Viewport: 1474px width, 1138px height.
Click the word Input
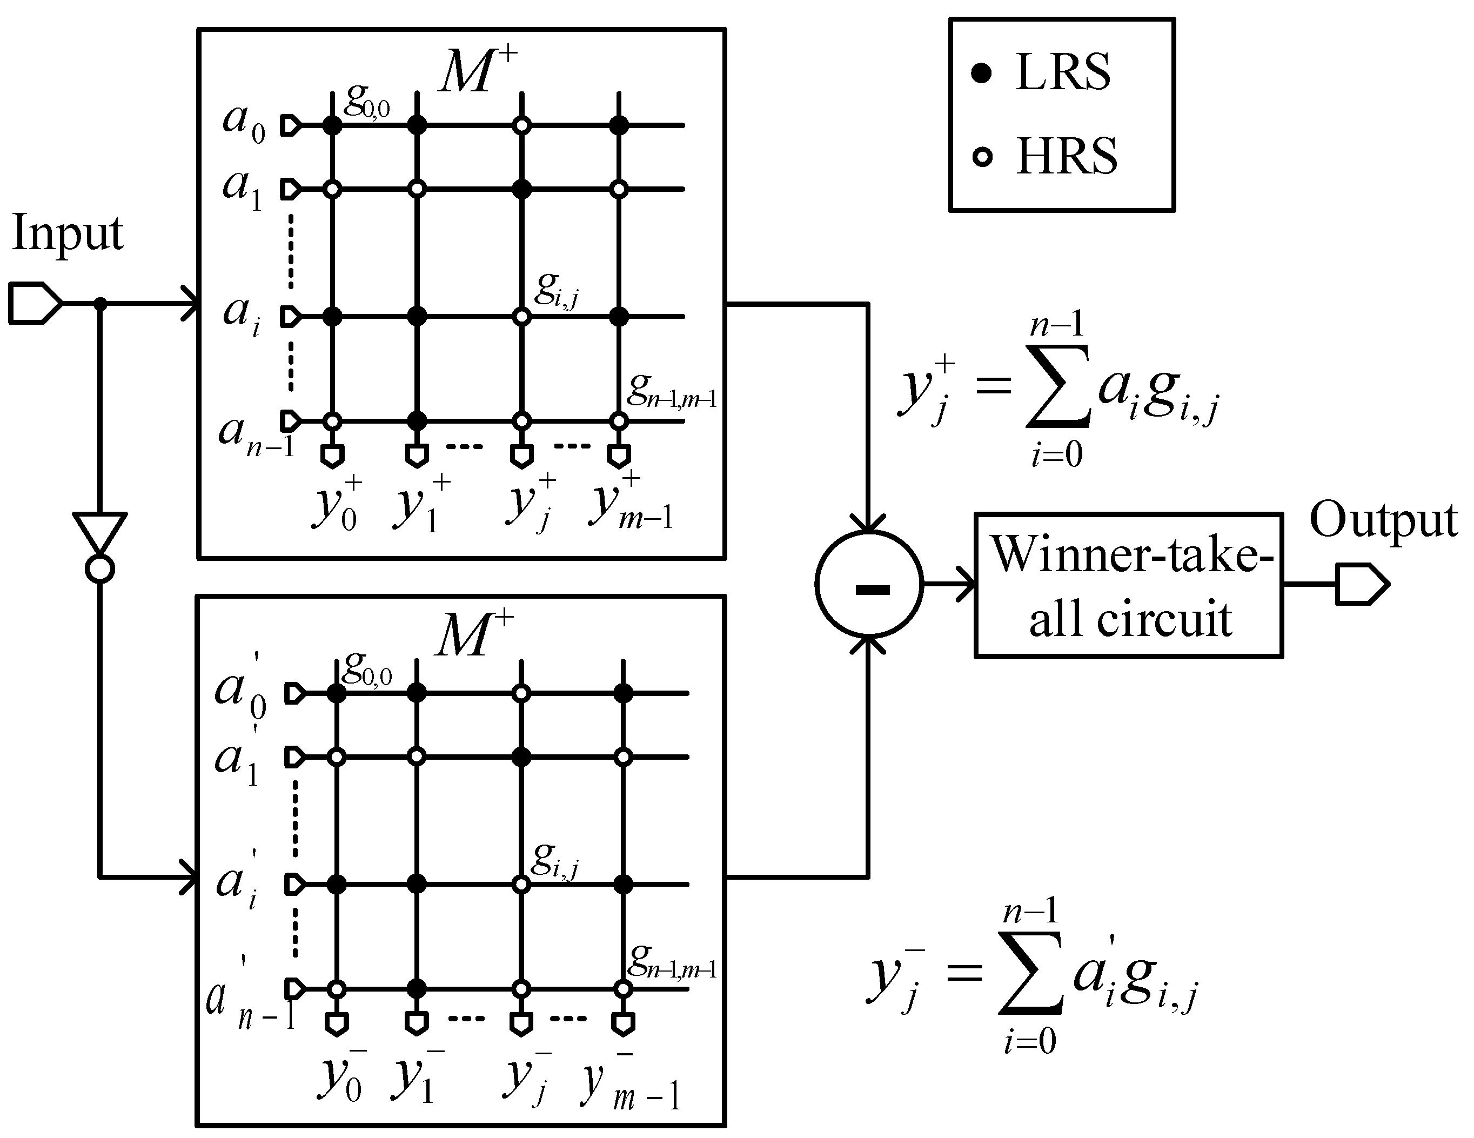[68, 233]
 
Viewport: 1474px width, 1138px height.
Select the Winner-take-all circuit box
[1128, 585]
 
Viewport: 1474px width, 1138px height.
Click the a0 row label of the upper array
[244, 124]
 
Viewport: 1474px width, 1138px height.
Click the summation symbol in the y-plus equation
[1057, 386]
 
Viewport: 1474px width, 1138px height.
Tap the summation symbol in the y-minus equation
[1030, 973]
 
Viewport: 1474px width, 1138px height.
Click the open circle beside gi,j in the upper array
[521, 316]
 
